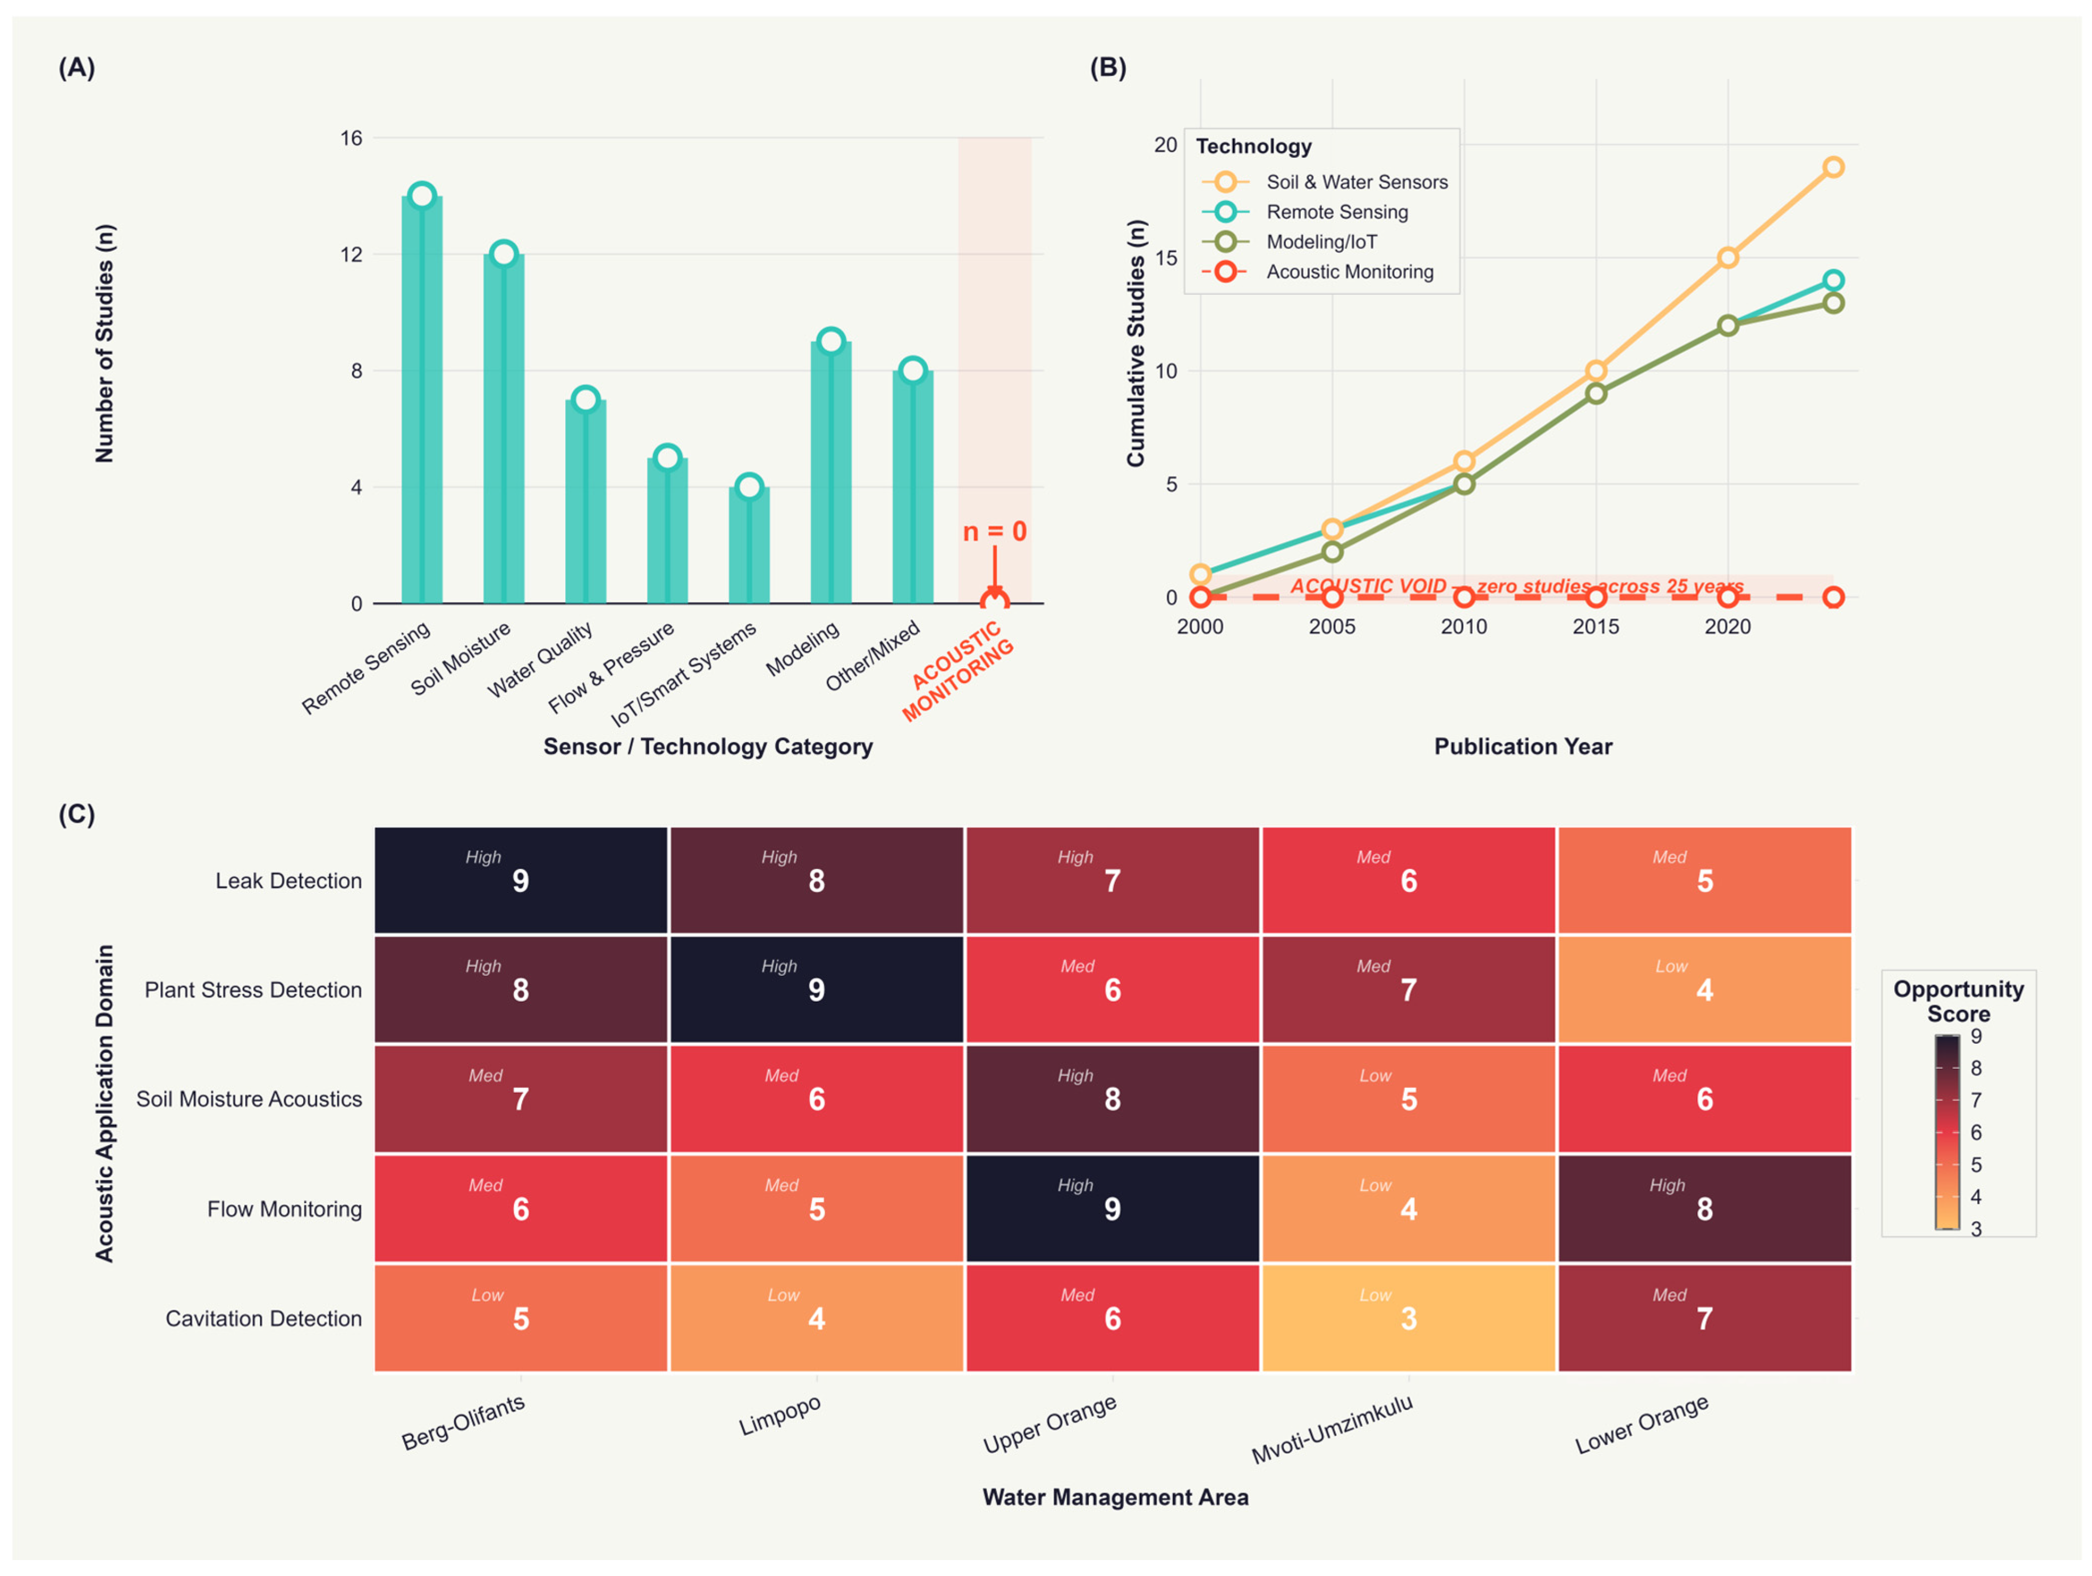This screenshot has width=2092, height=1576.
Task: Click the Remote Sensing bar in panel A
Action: pyautogui.click(x=422, y=399)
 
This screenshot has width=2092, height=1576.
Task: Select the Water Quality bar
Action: pyautogui.click(x=585, y=501)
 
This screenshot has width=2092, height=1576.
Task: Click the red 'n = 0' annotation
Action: pyautogui.click(x=994, y=532)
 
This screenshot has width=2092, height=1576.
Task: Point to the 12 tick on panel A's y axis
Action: pyautogui.click(x=351, y=254)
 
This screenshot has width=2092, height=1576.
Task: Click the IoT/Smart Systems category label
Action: pyautogui.click(x=683, y=674)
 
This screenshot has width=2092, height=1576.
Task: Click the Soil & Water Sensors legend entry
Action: pyautogui.click(x=1324, y=182)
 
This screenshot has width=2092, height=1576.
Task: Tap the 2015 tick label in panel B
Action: pyautogui.click(x=1595, y=626)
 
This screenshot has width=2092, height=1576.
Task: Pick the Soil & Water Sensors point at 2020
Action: pyautogui.click(x=1728, y=257)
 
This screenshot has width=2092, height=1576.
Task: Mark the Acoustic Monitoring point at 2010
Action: pyautogui.click(x=1464, y=597)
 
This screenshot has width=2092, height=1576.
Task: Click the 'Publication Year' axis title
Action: pyautogui.click(x=1523, y=746)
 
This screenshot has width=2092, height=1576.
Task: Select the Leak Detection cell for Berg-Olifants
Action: pyautogui.click(x=521, y=880)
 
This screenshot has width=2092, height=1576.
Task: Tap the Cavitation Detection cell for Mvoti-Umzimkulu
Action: pyautogui.click(x=1408, y=1318)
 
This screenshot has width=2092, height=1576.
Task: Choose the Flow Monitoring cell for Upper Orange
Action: pyautogui.click(x=1112, y=1208)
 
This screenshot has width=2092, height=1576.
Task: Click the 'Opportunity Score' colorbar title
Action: pyautogui.click(x=1959, y=1001)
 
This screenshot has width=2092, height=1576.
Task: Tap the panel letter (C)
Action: pyautogui.click(x=76, y=814)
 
